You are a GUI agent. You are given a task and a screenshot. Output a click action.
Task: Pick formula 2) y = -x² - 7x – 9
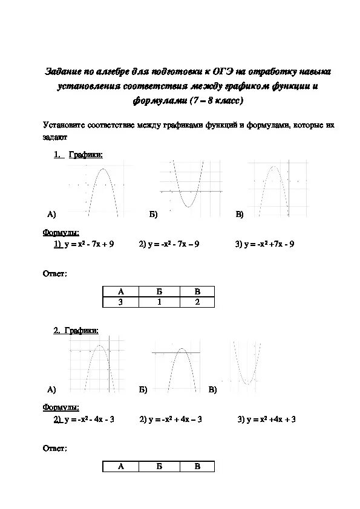(x=169, y=244)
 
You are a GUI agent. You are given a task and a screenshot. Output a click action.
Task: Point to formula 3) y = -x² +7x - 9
(x=264, y=244)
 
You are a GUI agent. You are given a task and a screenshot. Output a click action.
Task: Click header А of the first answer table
(x=120, y=291)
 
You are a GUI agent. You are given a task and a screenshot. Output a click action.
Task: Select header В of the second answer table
(x=197, y=466)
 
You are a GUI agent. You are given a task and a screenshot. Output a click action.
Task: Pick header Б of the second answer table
(x=159, y=466)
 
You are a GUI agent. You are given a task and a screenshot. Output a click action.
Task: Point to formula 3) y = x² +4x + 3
(x=266, y=419)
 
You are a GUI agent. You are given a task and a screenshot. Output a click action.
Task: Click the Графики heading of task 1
(x=85, y=155)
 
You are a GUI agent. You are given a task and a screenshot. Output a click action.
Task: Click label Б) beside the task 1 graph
(x=153, y=215)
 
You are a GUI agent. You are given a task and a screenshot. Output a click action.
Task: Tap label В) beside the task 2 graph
(x=212, y=390)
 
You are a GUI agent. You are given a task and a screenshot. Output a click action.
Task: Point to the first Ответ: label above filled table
(x=54, y=274)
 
